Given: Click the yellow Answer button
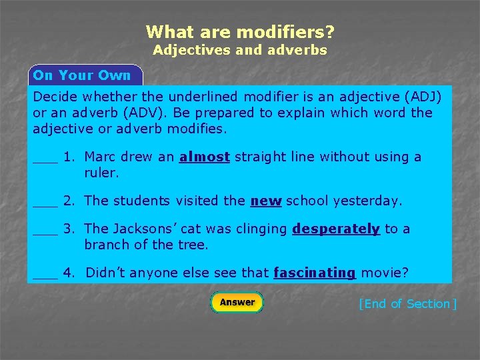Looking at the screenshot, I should [x=237, y=303].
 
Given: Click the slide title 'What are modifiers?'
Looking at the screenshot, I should [x=240, y=31].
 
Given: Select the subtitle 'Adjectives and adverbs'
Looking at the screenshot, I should [x=240, y=50].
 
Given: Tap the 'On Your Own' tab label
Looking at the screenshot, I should [x=82, y=75].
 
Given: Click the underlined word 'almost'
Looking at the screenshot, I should [x=205, y=157].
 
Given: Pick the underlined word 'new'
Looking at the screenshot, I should [x=265, y=201].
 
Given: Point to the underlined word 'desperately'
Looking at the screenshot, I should [x=336, y=229].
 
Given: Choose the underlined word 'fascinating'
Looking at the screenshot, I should [x=315, y=273].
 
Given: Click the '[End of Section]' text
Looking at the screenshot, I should [x=407, y=304].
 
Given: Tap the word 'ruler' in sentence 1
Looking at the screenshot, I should [x=100, y=173].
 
